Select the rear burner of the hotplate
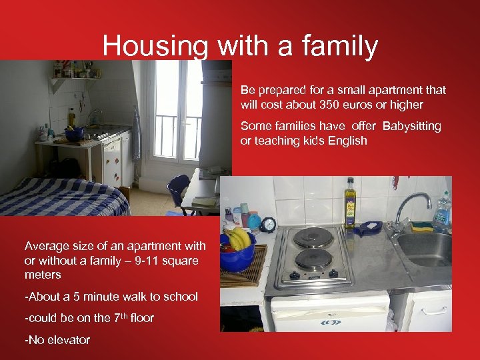(313, 238)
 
